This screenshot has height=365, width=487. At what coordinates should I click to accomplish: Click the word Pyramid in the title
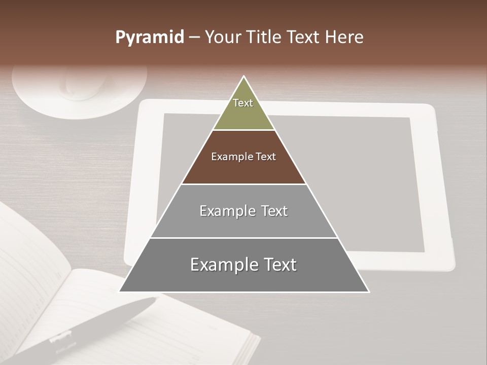[150, 38]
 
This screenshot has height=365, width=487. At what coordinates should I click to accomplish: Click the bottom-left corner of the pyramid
[120, 291]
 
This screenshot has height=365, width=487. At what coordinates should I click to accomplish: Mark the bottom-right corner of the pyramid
[368, 291]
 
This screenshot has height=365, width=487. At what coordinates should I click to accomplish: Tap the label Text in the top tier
[243, 103]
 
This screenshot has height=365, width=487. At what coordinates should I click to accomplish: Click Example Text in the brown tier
[243, 157]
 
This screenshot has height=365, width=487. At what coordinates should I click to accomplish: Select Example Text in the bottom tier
[243, 265]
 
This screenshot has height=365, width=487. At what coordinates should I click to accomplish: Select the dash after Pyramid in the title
[194, 38]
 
